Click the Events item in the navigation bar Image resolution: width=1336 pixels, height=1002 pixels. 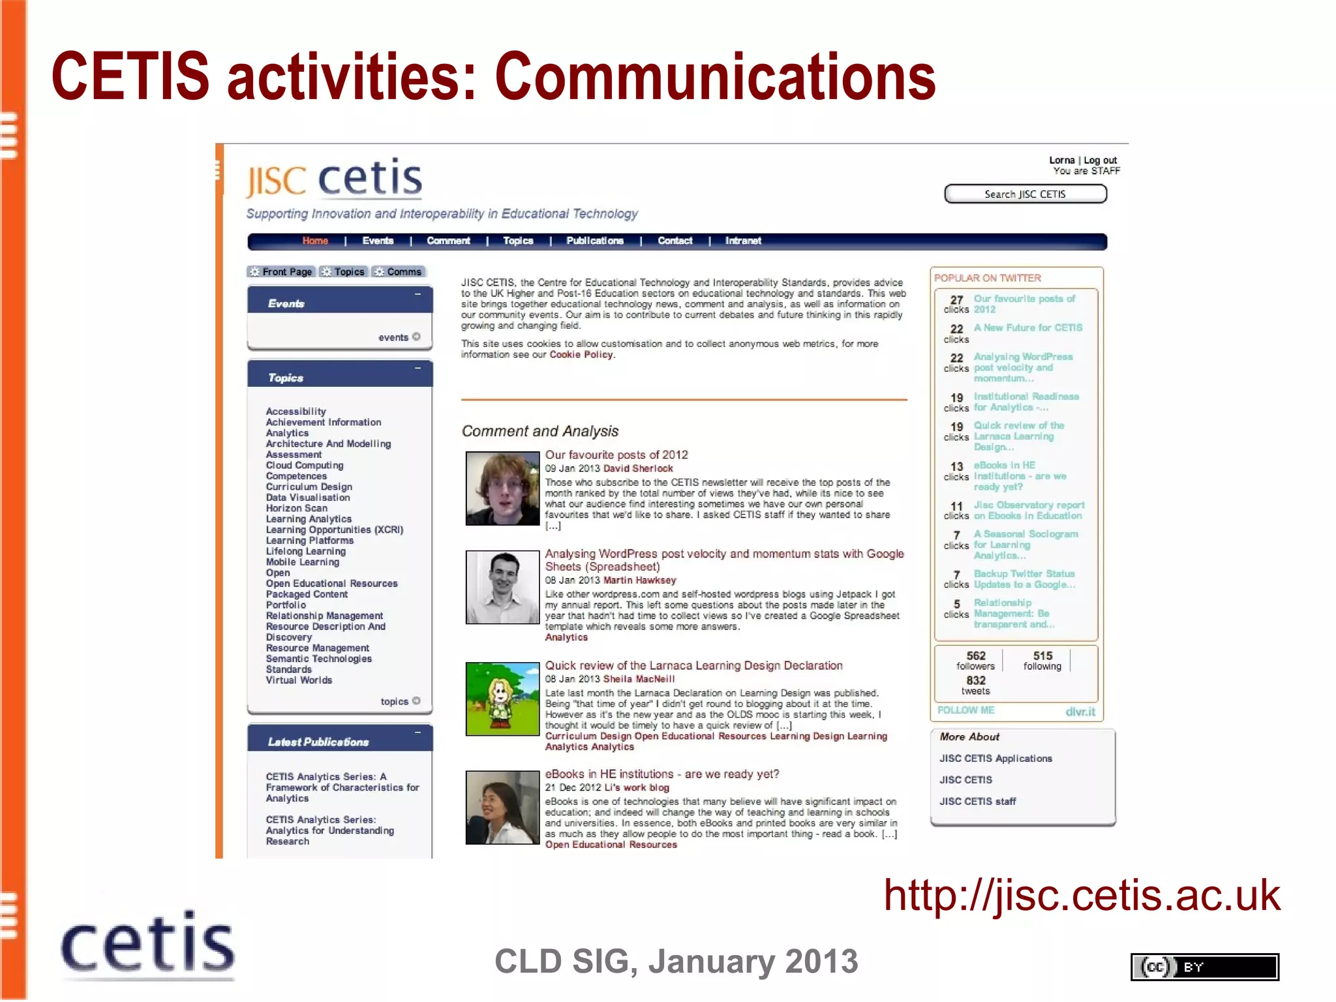[378, 241]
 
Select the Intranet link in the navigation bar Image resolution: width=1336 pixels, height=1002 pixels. [742, 241]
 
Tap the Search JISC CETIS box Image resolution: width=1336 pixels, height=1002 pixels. [1025, 194]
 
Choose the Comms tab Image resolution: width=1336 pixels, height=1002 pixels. [399, 272]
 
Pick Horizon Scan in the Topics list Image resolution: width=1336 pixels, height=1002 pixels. [296, 508]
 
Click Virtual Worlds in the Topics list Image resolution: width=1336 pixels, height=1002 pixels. [299, 680]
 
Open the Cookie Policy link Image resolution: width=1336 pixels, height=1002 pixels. [581, 355]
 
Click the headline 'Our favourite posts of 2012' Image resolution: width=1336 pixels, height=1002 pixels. [616, 455]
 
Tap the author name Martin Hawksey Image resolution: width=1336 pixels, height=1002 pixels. [639, 580]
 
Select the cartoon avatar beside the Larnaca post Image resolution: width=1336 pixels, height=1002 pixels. [502, 699]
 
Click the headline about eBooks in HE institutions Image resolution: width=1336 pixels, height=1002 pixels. [662, 774]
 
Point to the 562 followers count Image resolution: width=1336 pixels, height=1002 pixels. [975, 660]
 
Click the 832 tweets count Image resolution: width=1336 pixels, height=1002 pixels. [975, 684]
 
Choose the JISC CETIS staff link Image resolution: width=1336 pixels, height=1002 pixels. [977, 802]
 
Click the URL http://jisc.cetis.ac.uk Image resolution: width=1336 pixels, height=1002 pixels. [1082, 895]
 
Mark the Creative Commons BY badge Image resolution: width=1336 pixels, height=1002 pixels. [1204, 967]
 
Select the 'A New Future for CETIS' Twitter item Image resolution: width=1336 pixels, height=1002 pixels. [1027, 327]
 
